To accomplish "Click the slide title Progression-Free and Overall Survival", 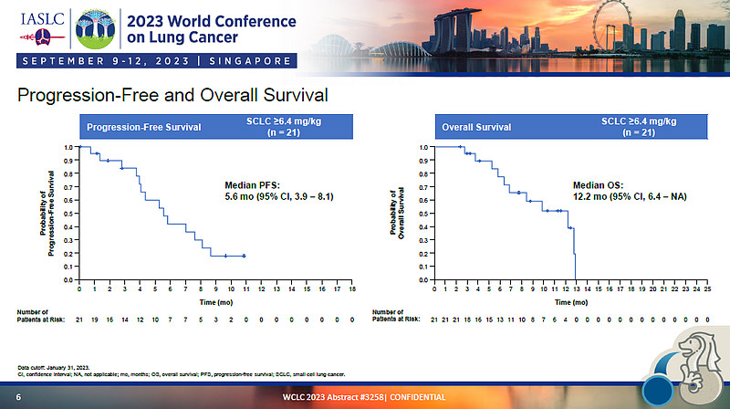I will point(172,95).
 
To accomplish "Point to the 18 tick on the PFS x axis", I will point(352,289).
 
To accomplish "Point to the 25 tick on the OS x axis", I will point(708,289).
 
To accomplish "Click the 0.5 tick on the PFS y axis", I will point(68,214).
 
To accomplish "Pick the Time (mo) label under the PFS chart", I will point(215,300).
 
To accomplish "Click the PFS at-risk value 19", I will point(95,320).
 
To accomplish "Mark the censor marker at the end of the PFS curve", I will point(244,256).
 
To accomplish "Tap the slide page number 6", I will point(18,397).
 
